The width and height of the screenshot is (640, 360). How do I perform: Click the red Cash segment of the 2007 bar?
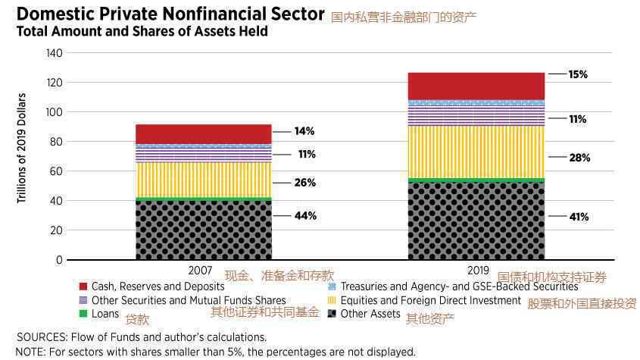[203, 134]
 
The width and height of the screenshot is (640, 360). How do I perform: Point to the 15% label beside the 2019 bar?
[578, 74]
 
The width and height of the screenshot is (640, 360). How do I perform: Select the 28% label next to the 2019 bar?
[579, 158]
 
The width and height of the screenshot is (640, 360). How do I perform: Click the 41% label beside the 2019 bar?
[579, 217]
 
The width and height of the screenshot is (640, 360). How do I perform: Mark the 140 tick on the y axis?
[54, 53]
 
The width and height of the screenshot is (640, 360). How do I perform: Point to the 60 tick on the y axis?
[57, 171]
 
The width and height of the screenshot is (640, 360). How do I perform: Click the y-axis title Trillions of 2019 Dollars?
[22, 148]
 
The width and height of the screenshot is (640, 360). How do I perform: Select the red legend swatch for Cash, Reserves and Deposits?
[83, 286]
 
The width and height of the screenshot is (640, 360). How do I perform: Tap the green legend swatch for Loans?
[83, 313]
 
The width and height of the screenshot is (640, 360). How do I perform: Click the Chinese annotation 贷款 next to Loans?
[137, 319]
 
